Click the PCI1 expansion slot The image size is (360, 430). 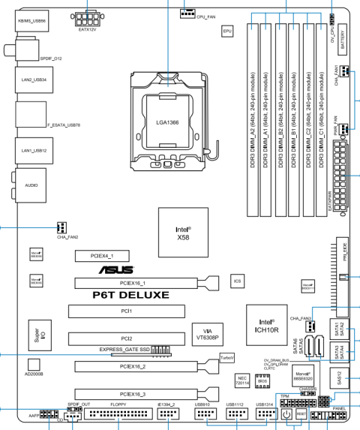click(126, 309)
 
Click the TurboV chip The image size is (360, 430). click(227, 359)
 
